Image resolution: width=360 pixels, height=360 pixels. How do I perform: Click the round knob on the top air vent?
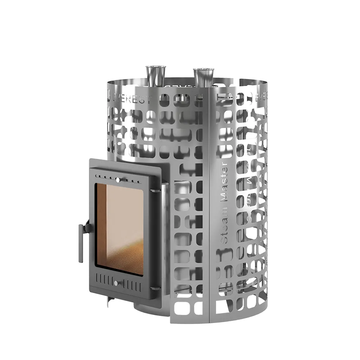coord(117,179)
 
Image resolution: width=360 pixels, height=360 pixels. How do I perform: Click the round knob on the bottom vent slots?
coord(116,283)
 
